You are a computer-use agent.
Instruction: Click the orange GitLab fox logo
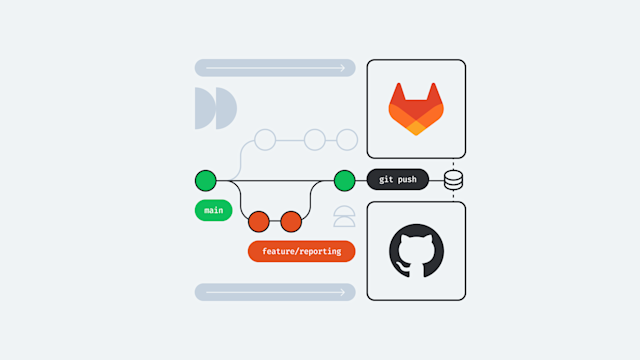coord(416,108)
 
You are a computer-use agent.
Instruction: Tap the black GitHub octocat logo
coord(416,251)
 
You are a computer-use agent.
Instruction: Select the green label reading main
coord(213,211)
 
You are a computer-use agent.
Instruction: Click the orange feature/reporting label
coord(302,251)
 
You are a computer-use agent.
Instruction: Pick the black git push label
coord(397,180)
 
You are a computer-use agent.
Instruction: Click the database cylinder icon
coord(453,180)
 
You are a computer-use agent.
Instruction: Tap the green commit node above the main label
coord(205,180)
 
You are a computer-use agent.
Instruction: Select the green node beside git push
coord(344,180)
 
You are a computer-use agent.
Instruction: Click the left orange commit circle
coord(259,220)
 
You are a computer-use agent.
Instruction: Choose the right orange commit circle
coord(291,220)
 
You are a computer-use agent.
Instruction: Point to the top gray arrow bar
coord(275,68)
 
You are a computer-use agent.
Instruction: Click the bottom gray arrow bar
coord(275,292)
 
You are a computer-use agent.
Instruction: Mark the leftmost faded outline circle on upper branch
coord(265,139)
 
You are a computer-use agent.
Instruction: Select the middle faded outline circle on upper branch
coord(314,139)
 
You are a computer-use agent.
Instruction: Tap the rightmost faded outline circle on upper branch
coord(346,139)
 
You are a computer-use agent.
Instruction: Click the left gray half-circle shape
coord(203,108)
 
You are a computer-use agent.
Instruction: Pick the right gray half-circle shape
coord(225,108)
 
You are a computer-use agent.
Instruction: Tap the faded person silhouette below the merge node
coord(344,217)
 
